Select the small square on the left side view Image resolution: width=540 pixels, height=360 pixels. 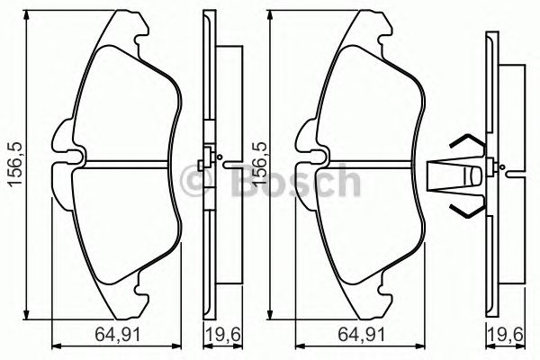(203, 163)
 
